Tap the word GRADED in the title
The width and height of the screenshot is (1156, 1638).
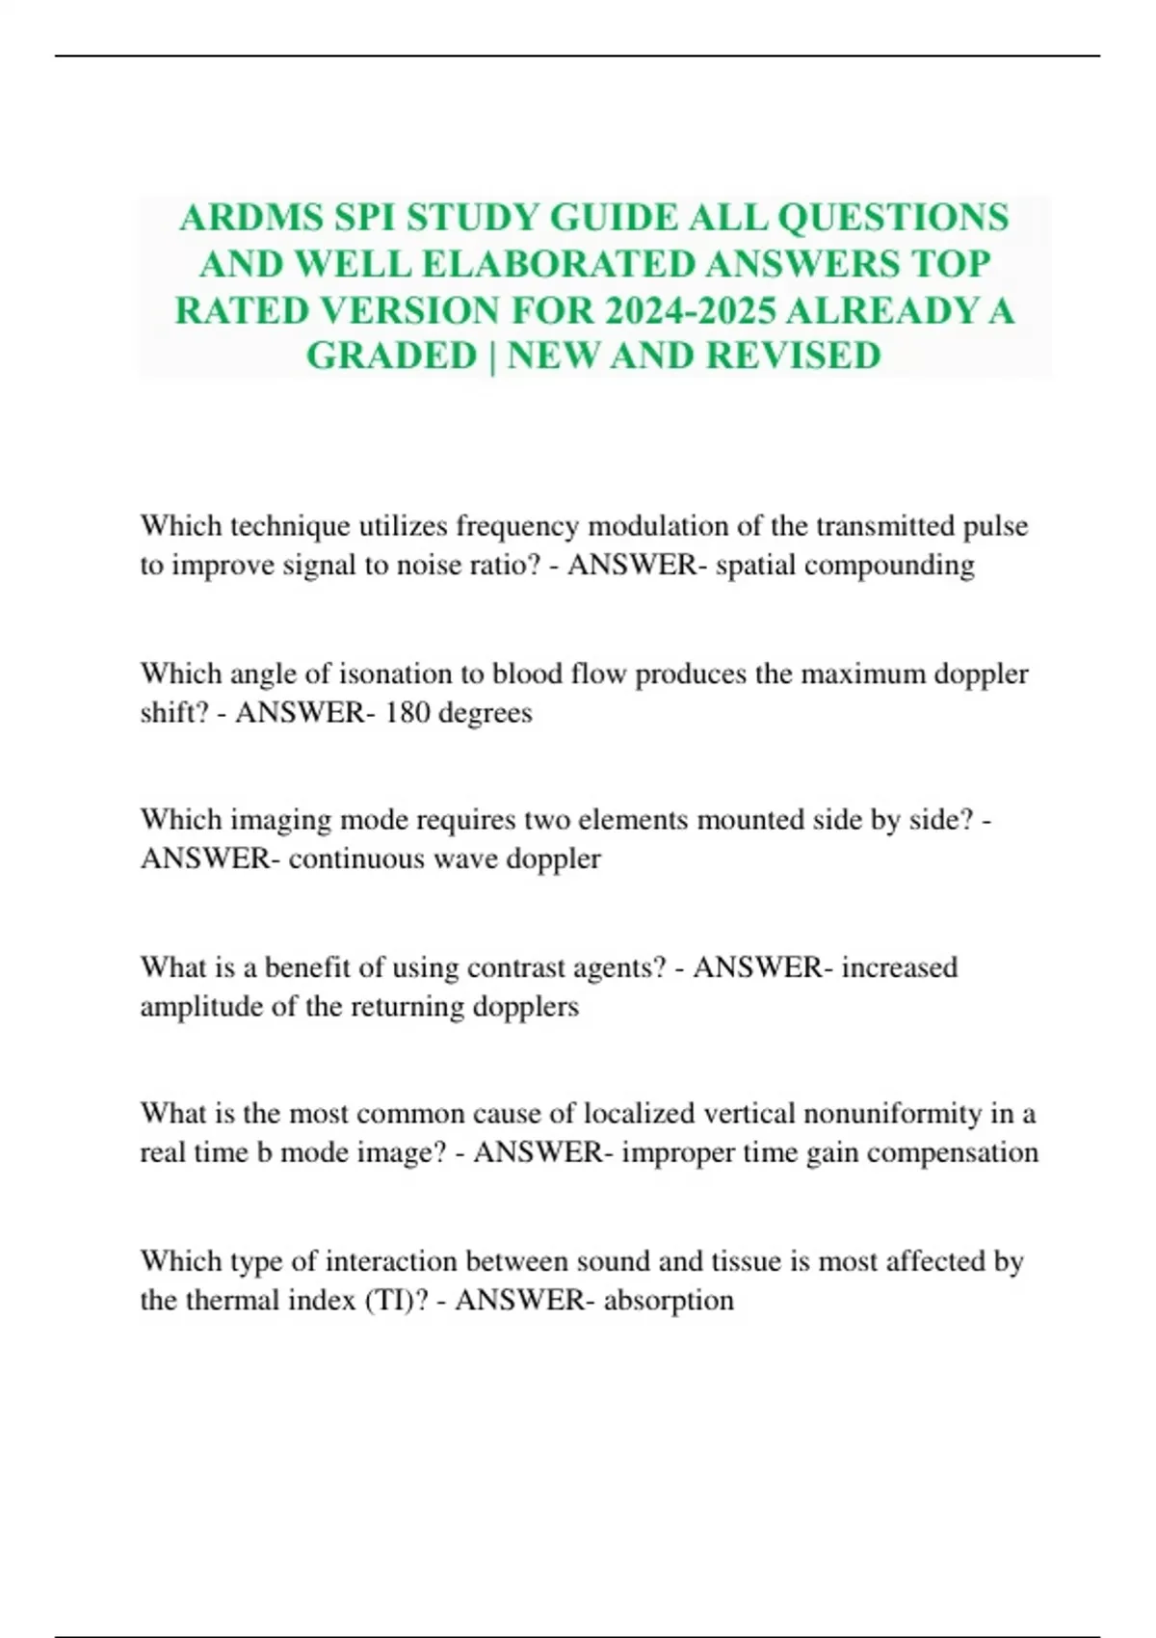click(392, 357)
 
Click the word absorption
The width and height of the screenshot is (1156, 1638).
click(669, 1301)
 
